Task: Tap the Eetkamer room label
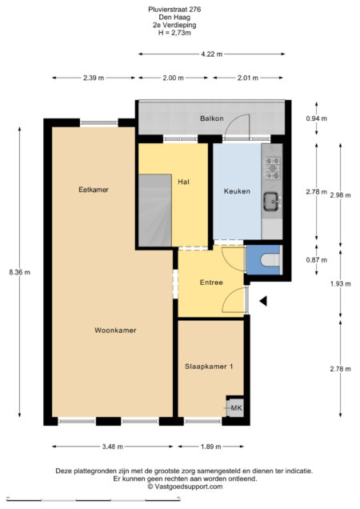click(93, 190)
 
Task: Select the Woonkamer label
click(114, 330)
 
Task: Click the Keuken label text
click(237, 191)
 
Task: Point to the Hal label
click(183, 182)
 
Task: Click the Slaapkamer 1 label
click(209, 367)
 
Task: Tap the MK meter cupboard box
click(235, 408)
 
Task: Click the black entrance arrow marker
click(262, 301)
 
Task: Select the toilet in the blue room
click(266, 259)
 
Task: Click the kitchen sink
click(271, 200)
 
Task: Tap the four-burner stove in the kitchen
click(271, 168)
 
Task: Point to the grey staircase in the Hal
click(155, 211)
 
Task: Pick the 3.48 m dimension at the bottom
click(114, 446)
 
